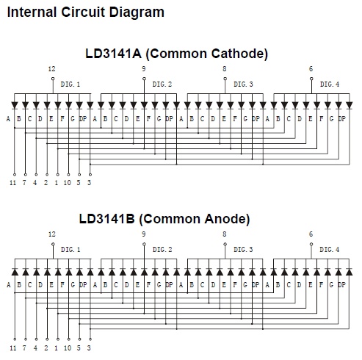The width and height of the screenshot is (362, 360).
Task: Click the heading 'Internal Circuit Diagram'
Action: point(86,12)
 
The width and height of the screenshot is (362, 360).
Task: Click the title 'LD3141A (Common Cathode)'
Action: point(176,54)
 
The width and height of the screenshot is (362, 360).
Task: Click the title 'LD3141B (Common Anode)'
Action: point(164,219)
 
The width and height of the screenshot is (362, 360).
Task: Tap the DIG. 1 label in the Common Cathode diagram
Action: point(70,84)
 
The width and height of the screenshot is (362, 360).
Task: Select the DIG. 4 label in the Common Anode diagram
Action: point(330,250)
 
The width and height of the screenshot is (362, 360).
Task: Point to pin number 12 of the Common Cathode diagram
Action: point(51,69)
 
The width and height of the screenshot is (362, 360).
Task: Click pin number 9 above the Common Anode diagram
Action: point(144,234)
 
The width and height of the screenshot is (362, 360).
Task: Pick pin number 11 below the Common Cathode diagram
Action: point(12,183)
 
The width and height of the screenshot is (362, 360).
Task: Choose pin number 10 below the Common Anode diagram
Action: point(68,348)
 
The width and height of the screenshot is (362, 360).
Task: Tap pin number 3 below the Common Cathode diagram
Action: point(89,183)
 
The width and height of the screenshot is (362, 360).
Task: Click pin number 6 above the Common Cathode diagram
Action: point(311,69)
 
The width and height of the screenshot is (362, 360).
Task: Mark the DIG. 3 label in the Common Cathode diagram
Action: point(243,84)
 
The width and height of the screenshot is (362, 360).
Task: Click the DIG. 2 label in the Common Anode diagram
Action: point(162,250)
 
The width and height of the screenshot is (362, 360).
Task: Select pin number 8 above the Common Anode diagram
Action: point(225,234)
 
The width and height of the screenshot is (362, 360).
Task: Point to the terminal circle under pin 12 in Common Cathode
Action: point(53,79)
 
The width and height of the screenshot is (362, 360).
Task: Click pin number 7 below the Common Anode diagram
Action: point(24,348)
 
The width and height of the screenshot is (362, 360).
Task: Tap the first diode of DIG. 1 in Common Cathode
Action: point(15,106)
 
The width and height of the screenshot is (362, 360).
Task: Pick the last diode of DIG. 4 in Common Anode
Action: point(350,272)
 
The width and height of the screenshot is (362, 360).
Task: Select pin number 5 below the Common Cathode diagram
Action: point(79,183)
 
